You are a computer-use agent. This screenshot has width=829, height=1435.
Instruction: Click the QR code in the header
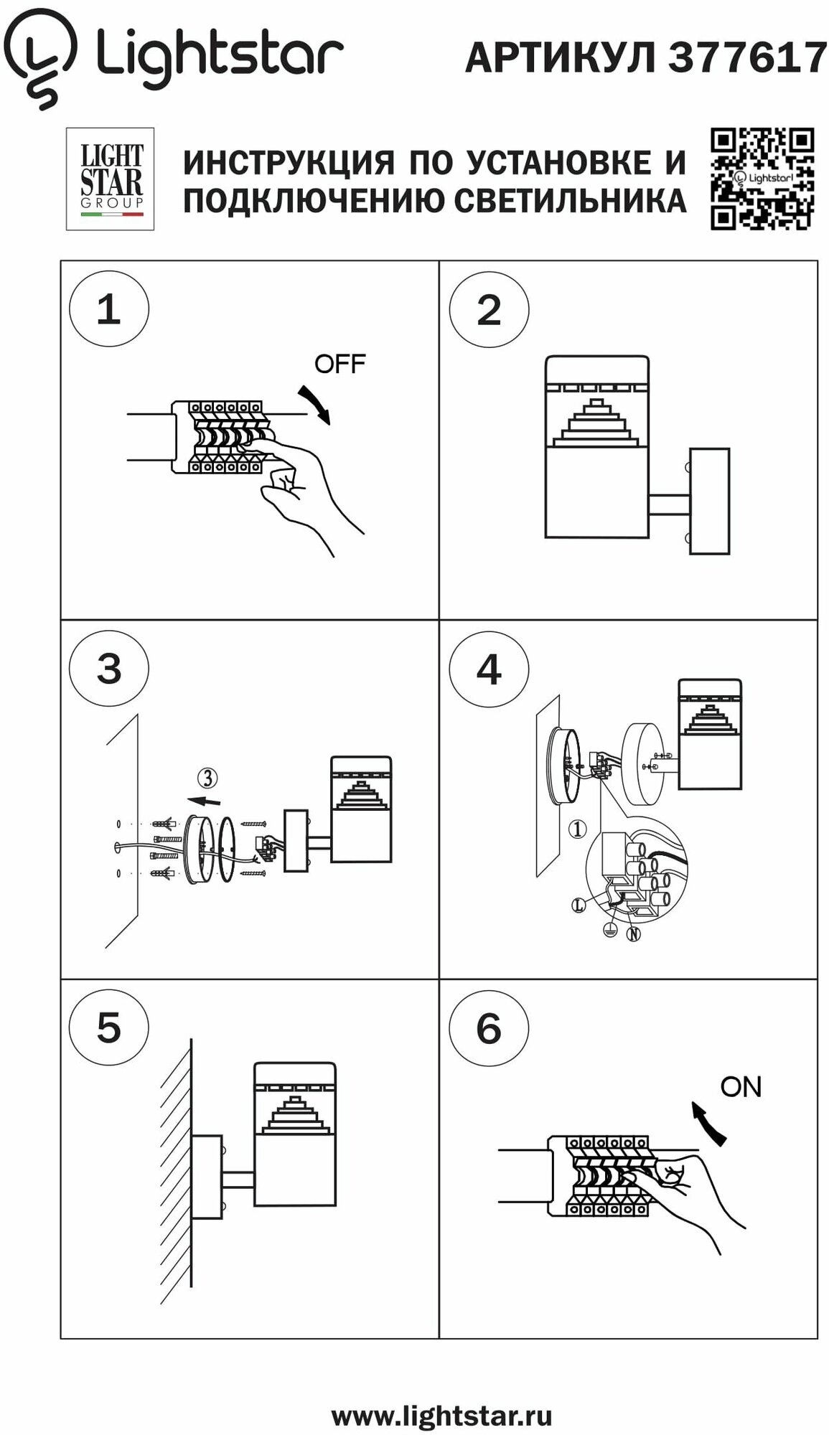(762, 179)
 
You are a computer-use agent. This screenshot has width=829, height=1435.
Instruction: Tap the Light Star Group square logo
(111, 179)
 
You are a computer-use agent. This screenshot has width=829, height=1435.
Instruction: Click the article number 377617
(747, 57)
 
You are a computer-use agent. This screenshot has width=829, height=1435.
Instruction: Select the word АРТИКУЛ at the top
(561, 57)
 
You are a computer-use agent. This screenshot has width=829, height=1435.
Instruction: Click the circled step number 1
(109, 309)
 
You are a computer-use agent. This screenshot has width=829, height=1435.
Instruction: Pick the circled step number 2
(489, 310)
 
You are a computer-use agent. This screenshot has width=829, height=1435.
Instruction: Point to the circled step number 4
(489, 669)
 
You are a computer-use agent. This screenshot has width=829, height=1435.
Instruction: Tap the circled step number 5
(109, 1027)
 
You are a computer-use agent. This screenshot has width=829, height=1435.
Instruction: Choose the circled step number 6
(489, 1028)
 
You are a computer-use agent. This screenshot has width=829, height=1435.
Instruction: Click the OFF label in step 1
(339, 364)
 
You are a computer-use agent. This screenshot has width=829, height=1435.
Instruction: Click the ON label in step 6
(741, 1086)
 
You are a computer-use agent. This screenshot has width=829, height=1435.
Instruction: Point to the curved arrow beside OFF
(315, 404)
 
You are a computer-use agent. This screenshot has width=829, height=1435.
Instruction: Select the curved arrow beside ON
(708, 1123)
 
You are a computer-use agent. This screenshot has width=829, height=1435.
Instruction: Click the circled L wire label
(579, 905)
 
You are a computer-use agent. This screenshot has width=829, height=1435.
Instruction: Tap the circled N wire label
(633, 934)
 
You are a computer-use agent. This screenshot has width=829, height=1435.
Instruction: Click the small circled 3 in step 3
(207, 778)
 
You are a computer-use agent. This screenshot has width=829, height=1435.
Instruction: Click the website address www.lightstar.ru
(441, 1416)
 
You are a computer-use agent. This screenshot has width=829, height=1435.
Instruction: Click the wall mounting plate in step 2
(709, 501)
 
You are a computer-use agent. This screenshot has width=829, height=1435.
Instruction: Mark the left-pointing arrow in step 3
(204, 801)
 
